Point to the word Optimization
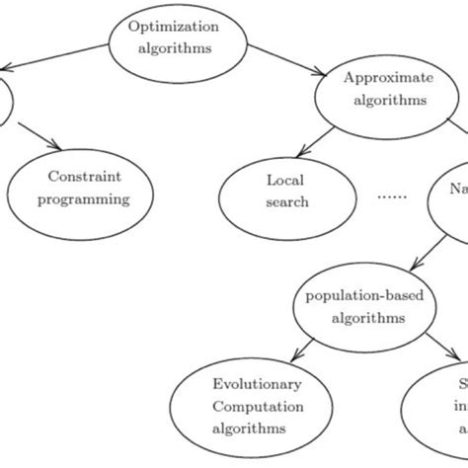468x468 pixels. pyautogui.click(x=172, y=27)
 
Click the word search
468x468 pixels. pyautogui.click(x=287, y=202)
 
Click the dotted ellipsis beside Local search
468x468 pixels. pyautogui.click(x=391, y=195)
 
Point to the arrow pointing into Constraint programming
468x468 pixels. pyautogui.click(x=39, y=139)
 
